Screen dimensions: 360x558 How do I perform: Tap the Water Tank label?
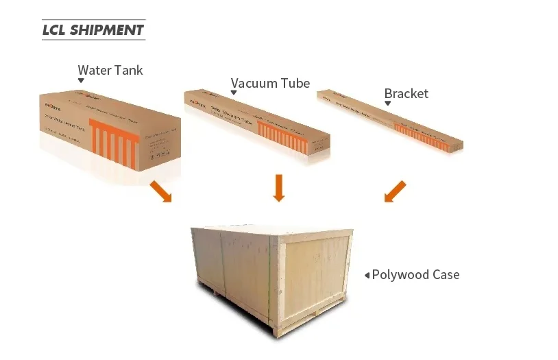110,70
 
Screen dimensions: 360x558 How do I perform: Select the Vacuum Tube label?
270,84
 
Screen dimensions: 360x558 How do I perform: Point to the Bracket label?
406,94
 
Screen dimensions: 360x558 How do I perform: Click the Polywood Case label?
415,275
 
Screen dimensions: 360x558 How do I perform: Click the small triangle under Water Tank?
81,81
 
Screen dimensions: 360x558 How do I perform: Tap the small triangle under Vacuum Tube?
234,94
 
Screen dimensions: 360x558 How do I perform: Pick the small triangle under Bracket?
387,104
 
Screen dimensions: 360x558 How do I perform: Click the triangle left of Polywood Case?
367,276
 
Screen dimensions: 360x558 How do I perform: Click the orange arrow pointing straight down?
278,188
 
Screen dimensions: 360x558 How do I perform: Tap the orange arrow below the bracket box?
395,191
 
